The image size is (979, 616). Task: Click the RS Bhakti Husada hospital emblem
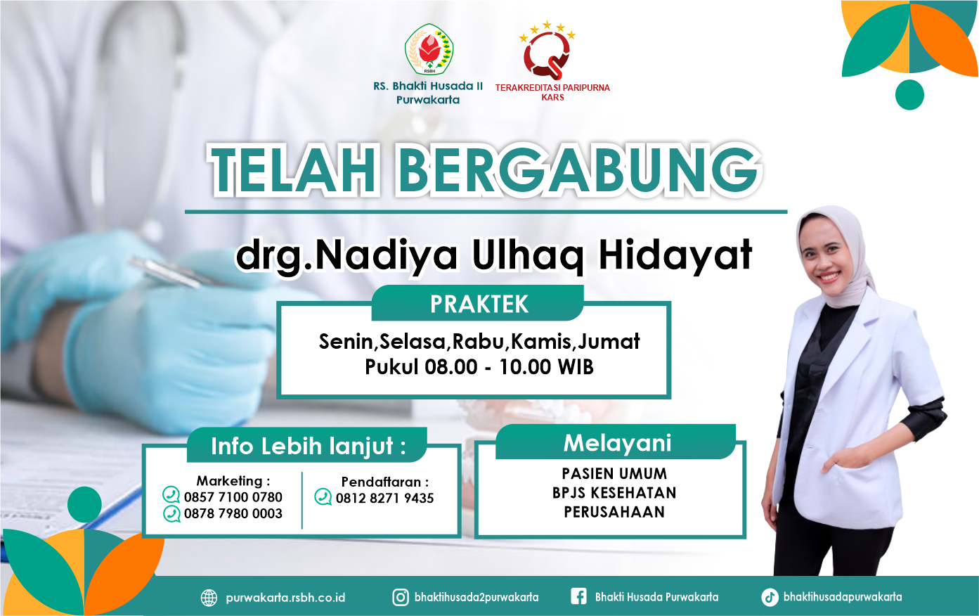[429, 49]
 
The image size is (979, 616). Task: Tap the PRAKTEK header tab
[478, 304]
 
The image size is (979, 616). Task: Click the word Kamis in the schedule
[540, 342]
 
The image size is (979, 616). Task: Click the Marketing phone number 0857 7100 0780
[233, 497]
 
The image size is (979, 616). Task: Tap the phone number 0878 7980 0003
[233, 513]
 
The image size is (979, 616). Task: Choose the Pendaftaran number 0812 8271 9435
[384, 498]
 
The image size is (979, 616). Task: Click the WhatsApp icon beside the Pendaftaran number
[323, 497]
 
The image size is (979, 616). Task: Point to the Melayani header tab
[616, 442]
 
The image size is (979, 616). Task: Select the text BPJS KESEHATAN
[614, 493]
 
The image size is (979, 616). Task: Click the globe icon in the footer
[209, 598]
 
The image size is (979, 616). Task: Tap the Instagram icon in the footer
[401, 597]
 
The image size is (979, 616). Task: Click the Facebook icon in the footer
[578, 596]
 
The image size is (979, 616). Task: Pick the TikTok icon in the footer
[770, 597]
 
